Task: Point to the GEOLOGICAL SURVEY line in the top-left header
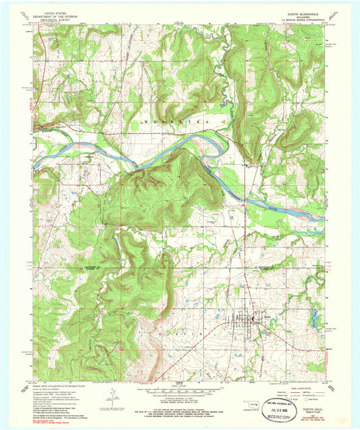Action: (x=56, y=19)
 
